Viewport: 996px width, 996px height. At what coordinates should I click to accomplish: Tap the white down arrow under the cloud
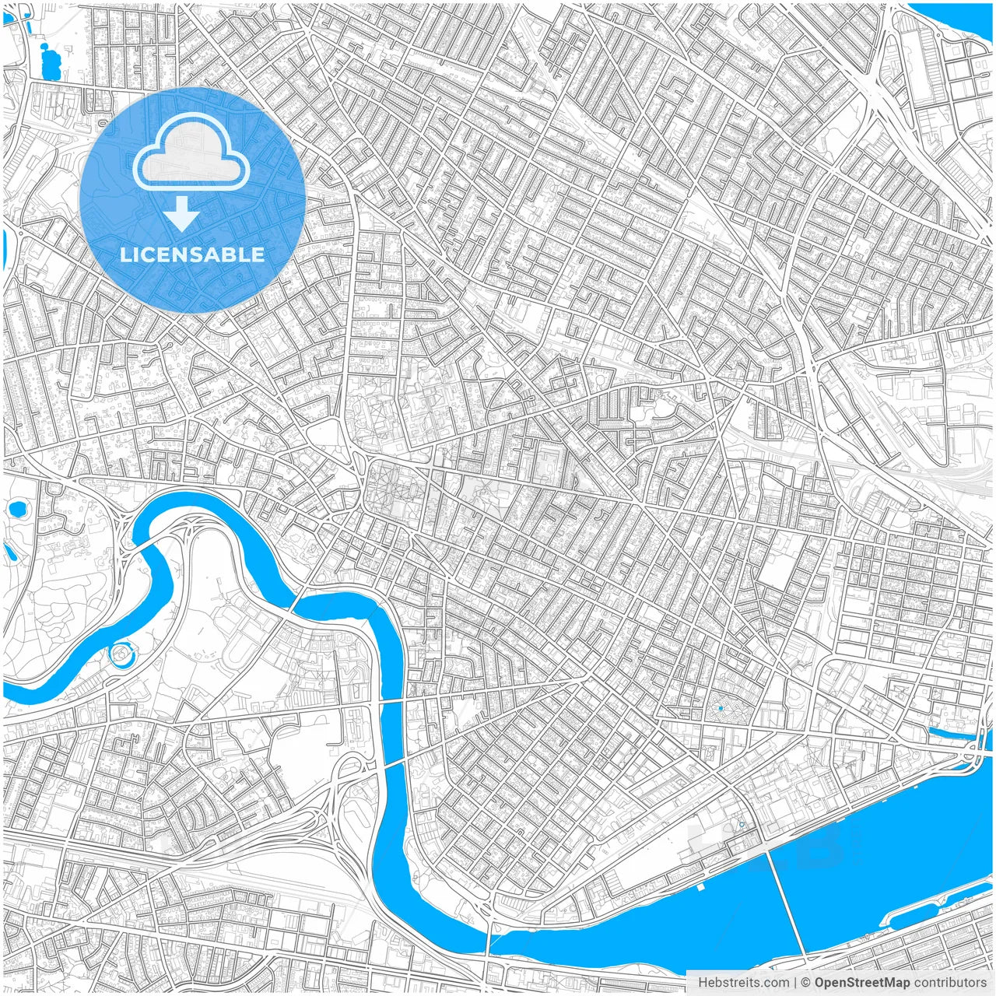[x=182, y=214]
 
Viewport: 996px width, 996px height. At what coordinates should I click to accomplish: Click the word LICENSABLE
[x=192, y=254]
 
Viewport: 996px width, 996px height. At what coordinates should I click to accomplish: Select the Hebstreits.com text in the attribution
[x=743, y=983]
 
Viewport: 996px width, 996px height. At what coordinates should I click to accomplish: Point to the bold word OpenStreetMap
[x=862, y=983]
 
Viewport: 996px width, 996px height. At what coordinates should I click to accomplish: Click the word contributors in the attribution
[x=950, y=983]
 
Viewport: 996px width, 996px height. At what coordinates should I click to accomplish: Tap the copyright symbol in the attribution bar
[x=806, y=983]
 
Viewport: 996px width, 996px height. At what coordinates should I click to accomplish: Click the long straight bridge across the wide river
[x=785, y=903]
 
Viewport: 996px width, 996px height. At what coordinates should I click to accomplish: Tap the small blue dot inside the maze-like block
[x=721, y=708]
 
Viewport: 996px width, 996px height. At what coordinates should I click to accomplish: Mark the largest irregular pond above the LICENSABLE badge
[x=50, y=62]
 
